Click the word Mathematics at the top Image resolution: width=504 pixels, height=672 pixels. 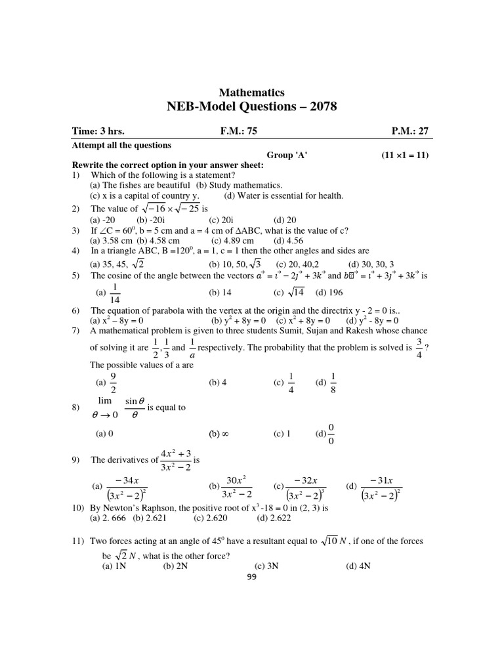(x=252, y=93)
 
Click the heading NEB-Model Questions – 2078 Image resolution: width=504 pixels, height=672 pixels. (x=252, y=107)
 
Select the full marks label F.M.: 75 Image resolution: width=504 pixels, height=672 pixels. (x=239, y=131)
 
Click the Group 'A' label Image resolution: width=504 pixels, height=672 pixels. (x=287, y=155)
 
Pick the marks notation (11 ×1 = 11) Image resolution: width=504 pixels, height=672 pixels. (x=405, y=155)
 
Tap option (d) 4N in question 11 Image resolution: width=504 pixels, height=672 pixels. (x=358, y=566)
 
